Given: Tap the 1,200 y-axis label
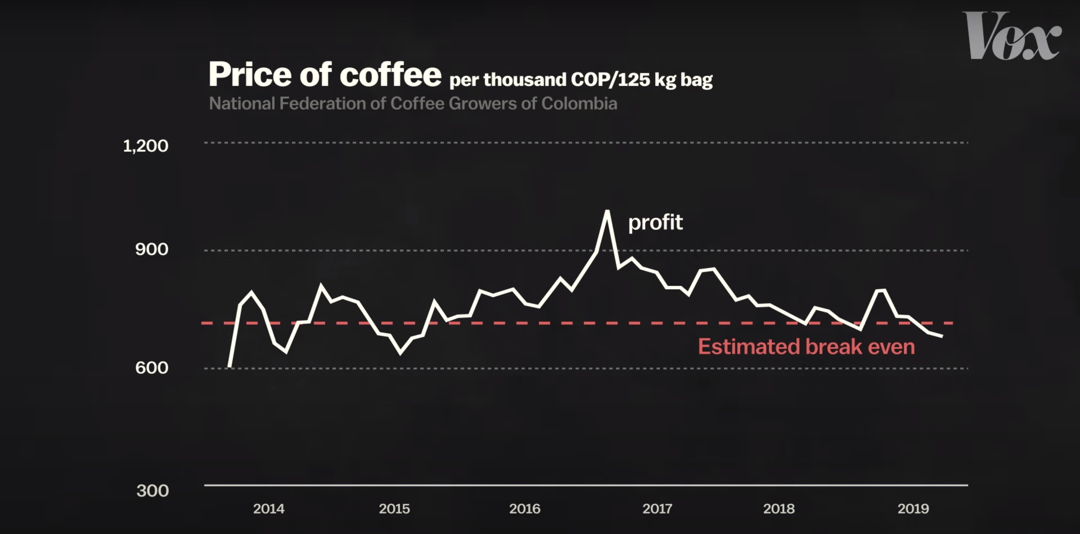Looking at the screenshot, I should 145,146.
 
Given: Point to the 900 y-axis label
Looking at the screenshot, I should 151,249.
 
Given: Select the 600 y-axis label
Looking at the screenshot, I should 151,368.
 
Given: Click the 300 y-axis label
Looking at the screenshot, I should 153,491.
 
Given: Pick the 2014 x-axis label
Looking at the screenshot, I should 269,509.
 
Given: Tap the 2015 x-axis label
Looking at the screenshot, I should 394,509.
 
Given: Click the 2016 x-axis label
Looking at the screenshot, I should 525,509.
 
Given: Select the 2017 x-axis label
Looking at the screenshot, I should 657,509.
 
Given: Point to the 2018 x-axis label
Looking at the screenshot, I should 778,509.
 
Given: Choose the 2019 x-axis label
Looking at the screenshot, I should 913,509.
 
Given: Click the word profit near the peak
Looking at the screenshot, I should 655,222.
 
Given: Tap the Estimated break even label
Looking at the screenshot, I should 806,347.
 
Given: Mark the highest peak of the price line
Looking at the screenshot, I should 607,212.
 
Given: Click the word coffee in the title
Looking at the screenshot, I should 390,75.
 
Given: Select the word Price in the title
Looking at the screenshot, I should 250,75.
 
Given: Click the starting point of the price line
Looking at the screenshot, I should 229,367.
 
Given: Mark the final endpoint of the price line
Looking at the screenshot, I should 942,336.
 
